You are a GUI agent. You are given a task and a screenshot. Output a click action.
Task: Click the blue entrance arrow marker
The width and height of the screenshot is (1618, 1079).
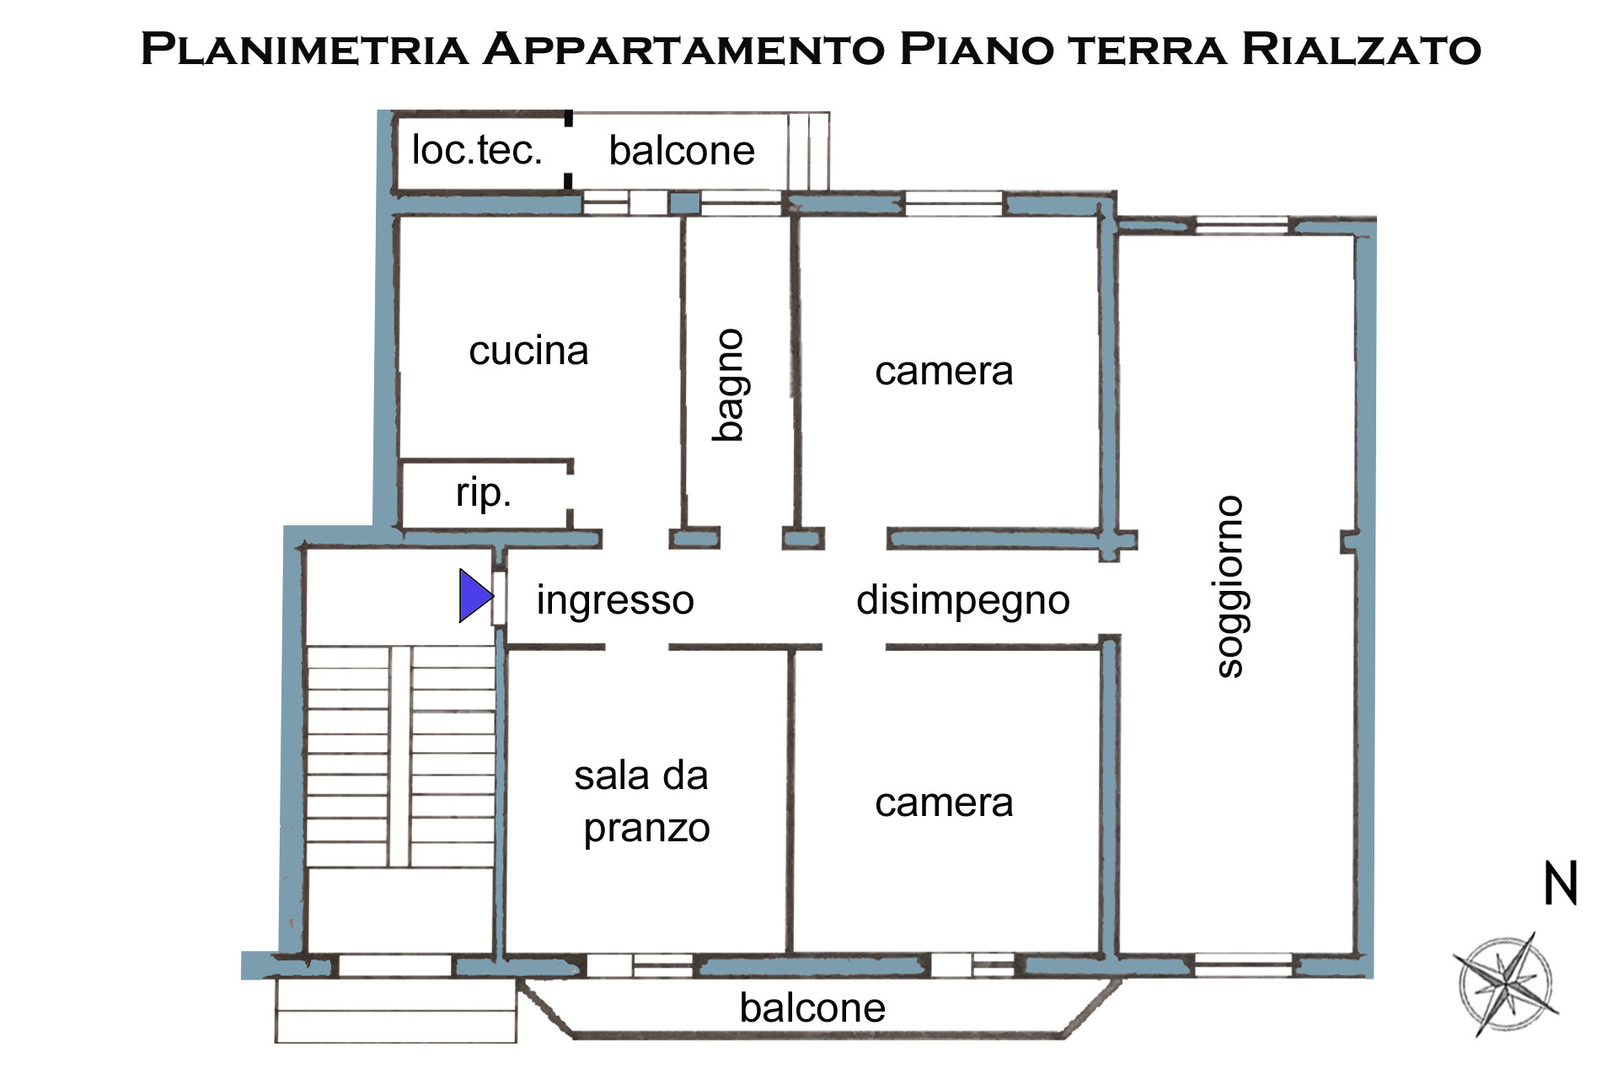click(x=474, y=596)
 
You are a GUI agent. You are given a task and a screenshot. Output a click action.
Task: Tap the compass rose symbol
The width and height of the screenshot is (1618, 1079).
click(x=1506, y=984)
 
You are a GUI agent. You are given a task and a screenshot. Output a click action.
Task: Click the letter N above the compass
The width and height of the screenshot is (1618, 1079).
click(x=1560, y=884)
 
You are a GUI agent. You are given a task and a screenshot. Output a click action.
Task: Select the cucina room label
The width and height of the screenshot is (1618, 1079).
click(x=528, y=351)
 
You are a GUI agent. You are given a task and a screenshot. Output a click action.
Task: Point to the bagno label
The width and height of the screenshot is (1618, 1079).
click(x=728, y=385)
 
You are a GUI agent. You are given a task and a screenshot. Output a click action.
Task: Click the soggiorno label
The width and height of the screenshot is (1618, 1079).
click(x=1230, y=587)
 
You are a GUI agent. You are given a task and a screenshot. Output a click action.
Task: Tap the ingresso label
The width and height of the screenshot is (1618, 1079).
click(x=615, y=600)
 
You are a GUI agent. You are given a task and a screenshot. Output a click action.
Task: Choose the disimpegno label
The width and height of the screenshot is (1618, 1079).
click(x=962, y=600)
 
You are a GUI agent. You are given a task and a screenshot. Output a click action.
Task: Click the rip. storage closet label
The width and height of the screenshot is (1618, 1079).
click(x=483, y=492)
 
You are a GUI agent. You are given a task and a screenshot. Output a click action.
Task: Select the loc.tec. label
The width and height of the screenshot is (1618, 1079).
click(x=477, y=151)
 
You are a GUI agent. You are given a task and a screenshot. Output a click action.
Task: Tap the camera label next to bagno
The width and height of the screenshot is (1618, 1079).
click(x=944, y=371)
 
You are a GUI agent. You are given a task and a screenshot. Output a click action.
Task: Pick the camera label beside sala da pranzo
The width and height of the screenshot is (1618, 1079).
click(x=944, y=803)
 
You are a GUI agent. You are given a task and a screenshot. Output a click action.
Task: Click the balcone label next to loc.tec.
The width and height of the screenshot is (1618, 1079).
click(x=682, y=151)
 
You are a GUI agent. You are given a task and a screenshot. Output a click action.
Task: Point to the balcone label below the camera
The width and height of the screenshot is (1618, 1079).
click(x=812, y=1007)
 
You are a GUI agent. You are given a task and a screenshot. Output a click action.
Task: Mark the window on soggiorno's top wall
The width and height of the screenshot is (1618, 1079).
click(x=1242, y=225)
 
